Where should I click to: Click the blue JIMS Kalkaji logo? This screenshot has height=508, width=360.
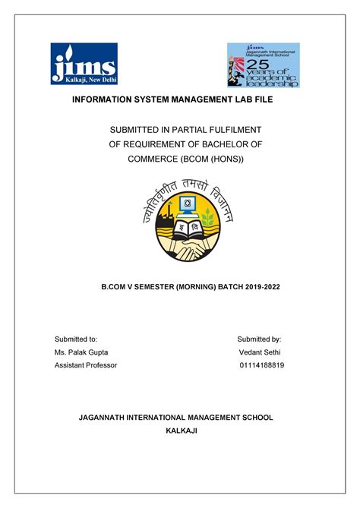coord(84,65)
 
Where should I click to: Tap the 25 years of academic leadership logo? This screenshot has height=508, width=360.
coord(264,65)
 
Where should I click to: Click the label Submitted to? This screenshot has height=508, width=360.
coord(76,339)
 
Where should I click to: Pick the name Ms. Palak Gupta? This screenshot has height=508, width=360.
coord(81,352)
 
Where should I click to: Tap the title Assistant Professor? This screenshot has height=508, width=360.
coord(86,365)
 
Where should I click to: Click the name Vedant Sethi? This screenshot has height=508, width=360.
coord(261,352)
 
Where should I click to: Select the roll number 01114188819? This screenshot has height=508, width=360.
coord(262,365)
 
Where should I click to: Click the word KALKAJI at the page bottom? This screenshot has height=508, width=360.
coord(181,431)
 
